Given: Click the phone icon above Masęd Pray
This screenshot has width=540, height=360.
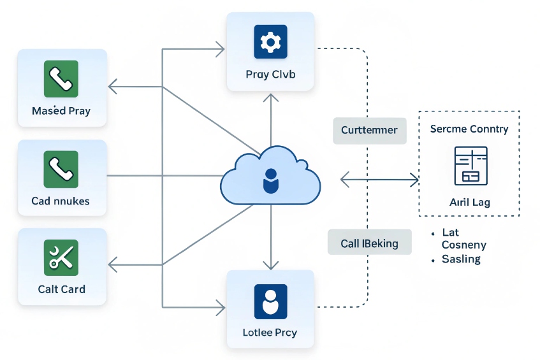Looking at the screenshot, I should pyautogui.click(x=61, y=78).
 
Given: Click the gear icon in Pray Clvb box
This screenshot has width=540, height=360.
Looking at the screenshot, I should pyautogui.click(x=271, y=42).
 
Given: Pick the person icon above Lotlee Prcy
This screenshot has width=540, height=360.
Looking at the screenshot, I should pyautogui.click(x=271, y=301).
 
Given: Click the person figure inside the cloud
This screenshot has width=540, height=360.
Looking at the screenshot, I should pyautogui.click(x=270, y=180).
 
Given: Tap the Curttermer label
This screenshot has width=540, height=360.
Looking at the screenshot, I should pyautogui.click(x=369, y=130).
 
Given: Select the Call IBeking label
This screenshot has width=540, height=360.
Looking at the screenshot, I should pyautogui.click(x=369, y=243).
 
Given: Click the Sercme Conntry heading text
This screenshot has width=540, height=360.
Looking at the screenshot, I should pyautogui.click(x=469, y=129).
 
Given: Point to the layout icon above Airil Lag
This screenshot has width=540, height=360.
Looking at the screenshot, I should pyautogui.click(x=471, y=165).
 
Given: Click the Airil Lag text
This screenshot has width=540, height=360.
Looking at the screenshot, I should pyautogui.click(x=470, y=202).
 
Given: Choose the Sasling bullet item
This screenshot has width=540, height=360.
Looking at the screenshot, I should pyautogui.click(x=461, y=259).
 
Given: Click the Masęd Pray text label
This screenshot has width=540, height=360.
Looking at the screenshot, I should pyautogui.click(x=61, y=111).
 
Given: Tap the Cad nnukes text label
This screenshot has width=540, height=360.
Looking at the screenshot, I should pyautogui.click(x=61, y=201).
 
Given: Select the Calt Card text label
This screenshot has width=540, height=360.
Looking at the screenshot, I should pyautogui.click(x=61, y=289).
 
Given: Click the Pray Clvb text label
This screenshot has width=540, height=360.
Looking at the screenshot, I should pyautogui.click(x=270, y=75).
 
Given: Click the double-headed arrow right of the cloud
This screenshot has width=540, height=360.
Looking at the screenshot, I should pyautogui.click(x=379, y=180).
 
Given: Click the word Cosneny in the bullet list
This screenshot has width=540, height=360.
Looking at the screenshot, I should pyautogui.click(x=463, y=245).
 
